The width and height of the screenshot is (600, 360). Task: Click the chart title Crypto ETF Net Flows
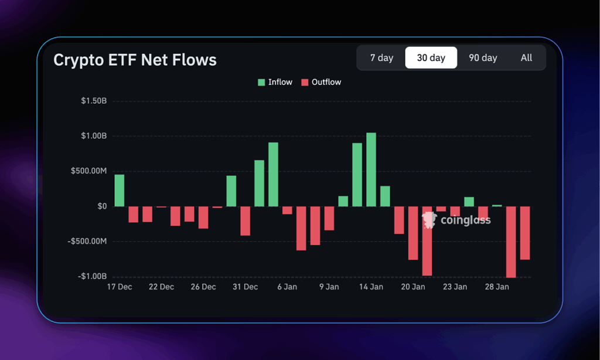tap(135, 60)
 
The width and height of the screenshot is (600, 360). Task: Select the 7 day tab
tap(381, 58)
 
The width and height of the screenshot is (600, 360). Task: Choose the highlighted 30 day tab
tap(431, 58)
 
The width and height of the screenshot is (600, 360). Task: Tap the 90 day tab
tap(483, 58)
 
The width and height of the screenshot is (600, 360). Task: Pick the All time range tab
tap(526, 58)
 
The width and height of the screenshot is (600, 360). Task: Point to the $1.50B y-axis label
tap(94, 101)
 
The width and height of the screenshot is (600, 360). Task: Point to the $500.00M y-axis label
tap(89, 171)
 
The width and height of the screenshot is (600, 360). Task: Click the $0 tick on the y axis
tap(101, 206)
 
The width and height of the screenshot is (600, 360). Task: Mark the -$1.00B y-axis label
tap(92, 276)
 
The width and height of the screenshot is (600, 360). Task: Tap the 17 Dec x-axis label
tap(119, 287)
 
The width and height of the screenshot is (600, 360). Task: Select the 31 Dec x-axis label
tap(245, 287)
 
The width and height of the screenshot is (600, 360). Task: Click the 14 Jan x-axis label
tap(371, 287)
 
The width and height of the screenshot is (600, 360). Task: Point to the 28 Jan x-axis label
tap(497, 287)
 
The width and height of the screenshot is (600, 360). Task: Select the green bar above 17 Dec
tap(119, 191)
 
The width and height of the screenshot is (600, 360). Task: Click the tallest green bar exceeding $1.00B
tap(371, 169)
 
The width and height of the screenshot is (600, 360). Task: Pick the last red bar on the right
tap(525, 233)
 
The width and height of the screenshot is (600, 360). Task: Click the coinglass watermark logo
tap(456, 220)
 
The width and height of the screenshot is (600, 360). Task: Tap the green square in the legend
tap(261, 82)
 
